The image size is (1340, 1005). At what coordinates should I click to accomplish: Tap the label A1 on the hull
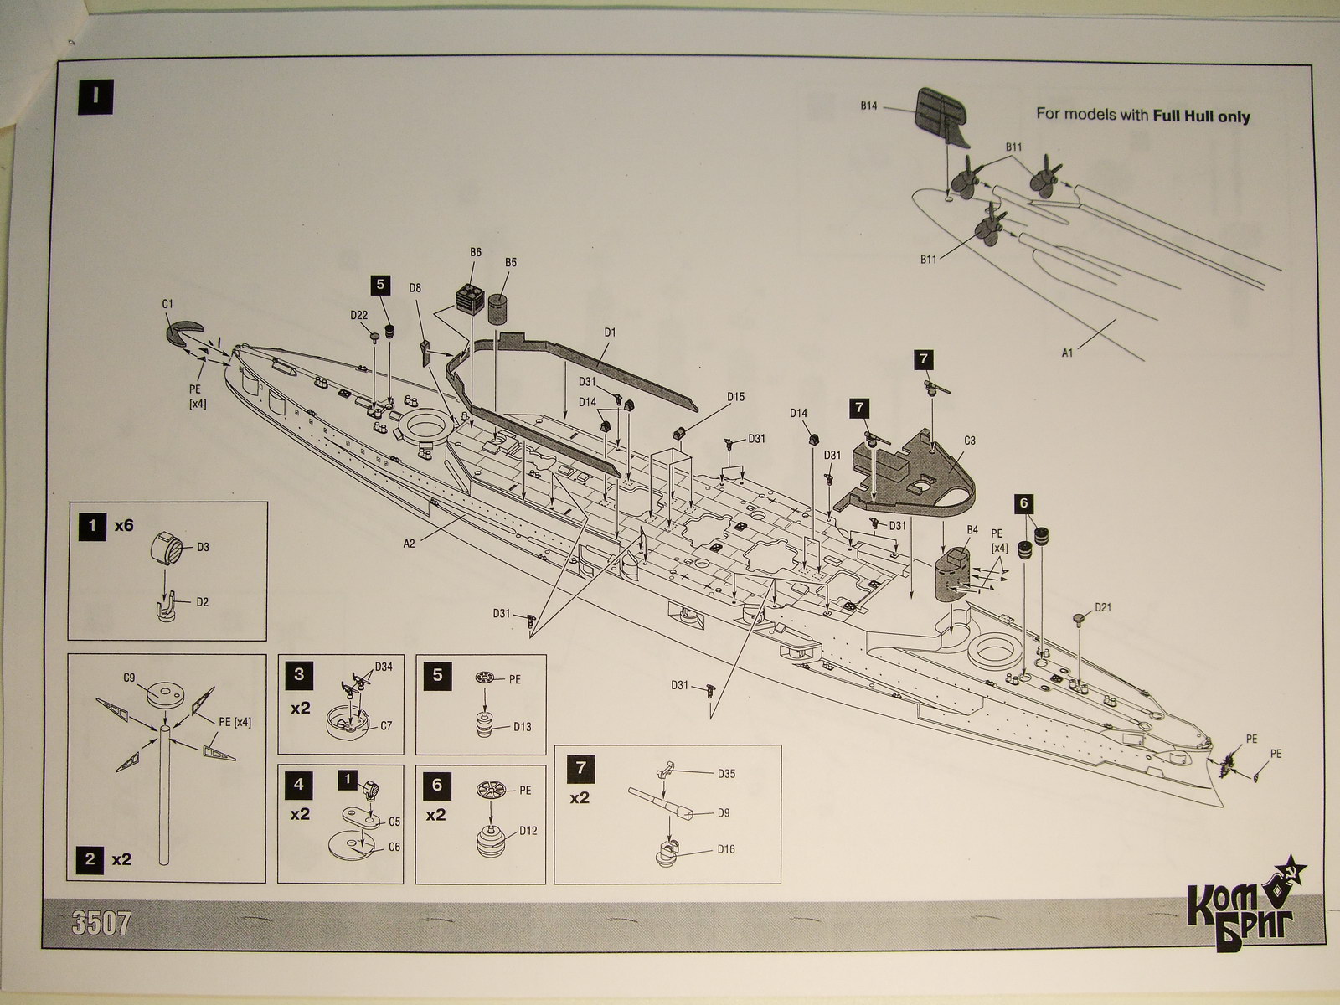[x=1068, y=353]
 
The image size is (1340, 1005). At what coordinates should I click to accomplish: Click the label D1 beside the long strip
[x=609, y=332]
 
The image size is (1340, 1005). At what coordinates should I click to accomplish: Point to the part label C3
[x=970, y=441]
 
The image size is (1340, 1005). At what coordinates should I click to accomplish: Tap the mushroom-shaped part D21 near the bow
[x=1079, y=619]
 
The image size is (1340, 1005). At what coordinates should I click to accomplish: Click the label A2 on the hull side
[x=409, y=544]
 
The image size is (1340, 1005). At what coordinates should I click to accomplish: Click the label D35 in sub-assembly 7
[x=725, y=774]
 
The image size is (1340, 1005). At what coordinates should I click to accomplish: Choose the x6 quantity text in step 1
[x=124, y=526]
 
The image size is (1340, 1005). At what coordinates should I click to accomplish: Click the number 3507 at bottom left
[x=101, y=924]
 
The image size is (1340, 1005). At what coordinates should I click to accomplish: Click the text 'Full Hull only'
[x=1201, y=116]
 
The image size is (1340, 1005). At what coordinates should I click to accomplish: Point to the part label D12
[x=528, y=831]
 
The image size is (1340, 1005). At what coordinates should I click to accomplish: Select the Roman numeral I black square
[x=95, y=95]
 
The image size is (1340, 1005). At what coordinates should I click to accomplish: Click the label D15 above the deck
[x=735, y=397]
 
